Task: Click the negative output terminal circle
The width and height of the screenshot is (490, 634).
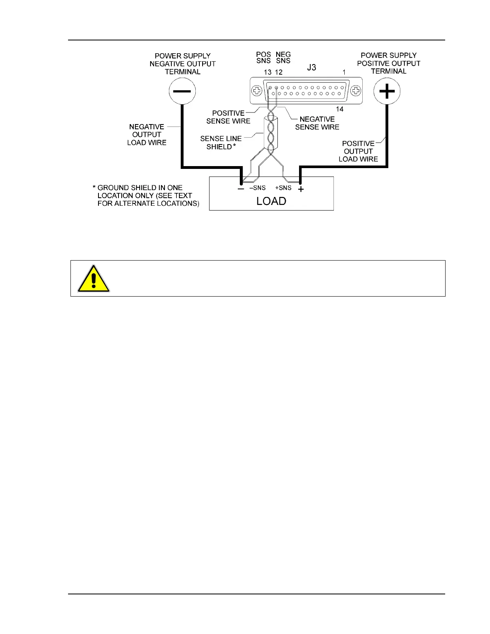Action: coord(182,91)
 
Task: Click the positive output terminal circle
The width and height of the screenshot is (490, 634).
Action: coord(387,91)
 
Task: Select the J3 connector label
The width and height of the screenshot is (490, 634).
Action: coord(311,68)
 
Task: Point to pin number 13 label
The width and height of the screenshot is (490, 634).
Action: coord(267,72)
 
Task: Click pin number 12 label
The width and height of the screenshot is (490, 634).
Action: coord(279,72)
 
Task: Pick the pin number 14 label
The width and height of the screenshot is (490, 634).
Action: coord(339,109)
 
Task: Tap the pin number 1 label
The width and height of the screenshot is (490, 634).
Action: coord(344,72)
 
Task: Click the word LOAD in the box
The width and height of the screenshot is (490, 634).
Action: coord(271,201)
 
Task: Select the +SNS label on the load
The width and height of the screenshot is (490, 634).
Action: coord(283,188)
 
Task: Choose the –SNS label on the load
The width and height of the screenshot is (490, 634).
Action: coord(257,188)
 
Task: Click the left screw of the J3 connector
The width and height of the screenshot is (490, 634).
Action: coord(257,91)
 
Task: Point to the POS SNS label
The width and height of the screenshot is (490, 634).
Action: coord(263,58)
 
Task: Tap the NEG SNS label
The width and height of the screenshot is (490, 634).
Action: coord(283,58)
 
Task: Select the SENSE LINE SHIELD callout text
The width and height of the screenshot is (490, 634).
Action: coord(221,142)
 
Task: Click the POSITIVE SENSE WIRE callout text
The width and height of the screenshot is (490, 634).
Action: coord(228,117)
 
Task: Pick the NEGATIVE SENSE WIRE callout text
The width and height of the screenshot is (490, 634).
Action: coord(317,123)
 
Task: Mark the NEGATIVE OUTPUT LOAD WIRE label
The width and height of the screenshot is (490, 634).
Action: coord(147,134)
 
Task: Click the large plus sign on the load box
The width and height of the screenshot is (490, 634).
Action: coord(301,189)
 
